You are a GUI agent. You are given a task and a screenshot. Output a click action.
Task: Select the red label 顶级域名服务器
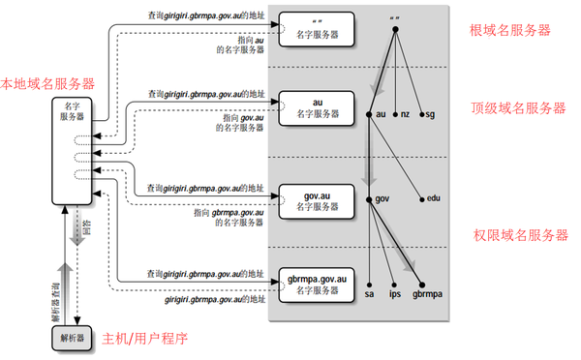click(x=519, y=108)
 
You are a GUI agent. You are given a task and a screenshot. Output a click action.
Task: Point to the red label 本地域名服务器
click(x=47, y=84)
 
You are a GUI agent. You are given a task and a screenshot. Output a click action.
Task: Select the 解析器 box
click(x=73, y=338)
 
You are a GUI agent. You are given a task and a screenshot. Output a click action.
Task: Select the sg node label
click(x=431, y=114)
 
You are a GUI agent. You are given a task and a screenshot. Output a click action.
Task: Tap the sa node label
click(x=369, y=291)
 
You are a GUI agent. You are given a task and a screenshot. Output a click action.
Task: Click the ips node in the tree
click(x=394, y=291)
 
